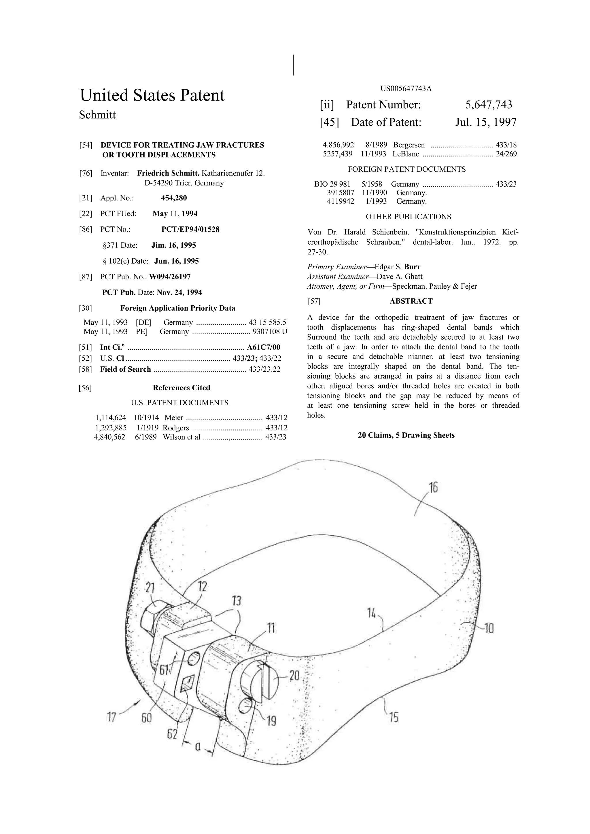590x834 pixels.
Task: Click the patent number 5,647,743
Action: coord(488,105)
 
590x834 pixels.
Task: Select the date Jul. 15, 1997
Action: coord(485,122)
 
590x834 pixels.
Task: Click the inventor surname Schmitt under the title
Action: coord(97,115)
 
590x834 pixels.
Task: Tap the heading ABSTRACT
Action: coord(411,301)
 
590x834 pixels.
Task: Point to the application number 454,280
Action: coord(174,198)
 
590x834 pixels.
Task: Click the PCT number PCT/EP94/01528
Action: coord(190,230)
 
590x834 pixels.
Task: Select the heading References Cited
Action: coord(181,388)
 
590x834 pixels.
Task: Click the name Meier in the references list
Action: coord(174,418)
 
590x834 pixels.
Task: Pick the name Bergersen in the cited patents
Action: coord(409,145)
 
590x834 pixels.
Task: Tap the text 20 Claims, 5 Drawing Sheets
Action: coord(406,435)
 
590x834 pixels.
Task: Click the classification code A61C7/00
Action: coord(263,347)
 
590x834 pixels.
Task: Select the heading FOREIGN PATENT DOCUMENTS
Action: coord(406,169)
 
